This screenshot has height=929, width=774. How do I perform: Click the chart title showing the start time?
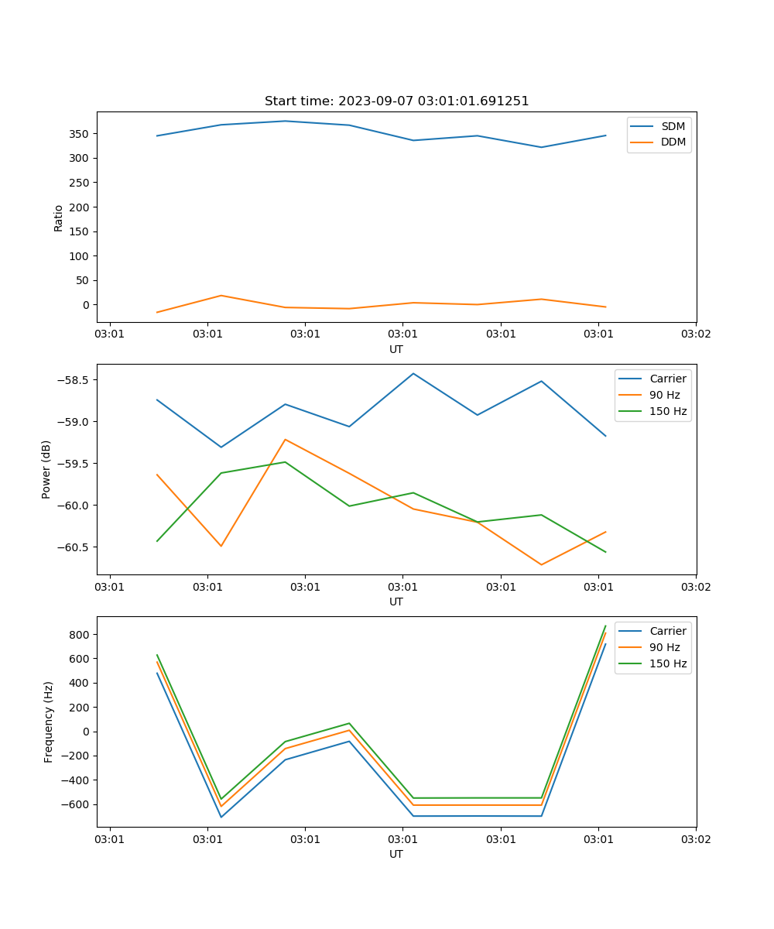click(396, 101)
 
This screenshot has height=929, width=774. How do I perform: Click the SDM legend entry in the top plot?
click(673, 126)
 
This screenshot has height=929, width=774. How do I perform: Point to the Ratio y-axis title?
click(59, 218)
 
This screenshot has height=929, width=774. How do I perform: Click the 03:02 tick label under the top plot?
click(695, 334)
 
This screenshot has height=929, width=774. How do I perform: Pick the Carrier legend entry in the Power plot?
click(667, 379)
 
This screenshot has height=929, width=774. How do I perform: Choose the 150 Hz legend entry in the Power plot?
click(667, 411)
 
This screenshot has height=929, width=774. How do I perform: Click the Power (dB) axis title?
click(46, 469)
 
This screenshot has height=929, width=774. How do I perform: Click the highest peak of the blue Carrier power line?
click(413, 374)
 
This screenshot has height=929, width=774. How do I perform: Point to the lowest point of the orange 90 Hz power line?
click(541, 564)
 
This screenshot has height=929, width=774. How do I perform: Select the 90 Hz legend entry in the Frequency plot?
click(665, 647)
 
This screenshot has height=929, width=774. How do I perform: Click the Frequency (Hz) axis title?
click(49, 722)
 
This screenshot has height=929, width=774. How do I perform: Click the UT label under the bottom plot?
click(396, 854)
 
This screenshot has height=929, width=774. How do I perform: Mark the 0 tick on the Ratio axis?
click(85, 305)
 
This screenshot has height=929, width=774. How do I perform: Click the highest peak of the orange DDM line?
click(221, 296)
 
